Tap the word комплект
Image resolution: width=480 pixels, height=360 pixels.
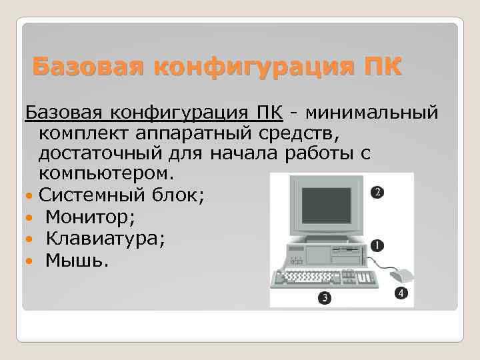pos(84,133)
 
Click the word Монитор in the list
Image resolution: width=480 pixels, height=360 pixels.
pos(90,217)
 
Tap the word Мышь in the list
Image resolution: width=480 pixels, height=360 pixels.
pos(73,259)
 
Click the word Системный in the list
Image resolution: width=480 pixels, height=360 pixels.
pos(89,195)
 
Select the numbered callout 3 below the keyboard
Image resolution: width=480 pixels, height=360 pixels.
pos(325,297)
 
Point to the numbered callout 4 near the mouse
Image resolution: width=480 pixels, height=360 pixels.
pos(400,293)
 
